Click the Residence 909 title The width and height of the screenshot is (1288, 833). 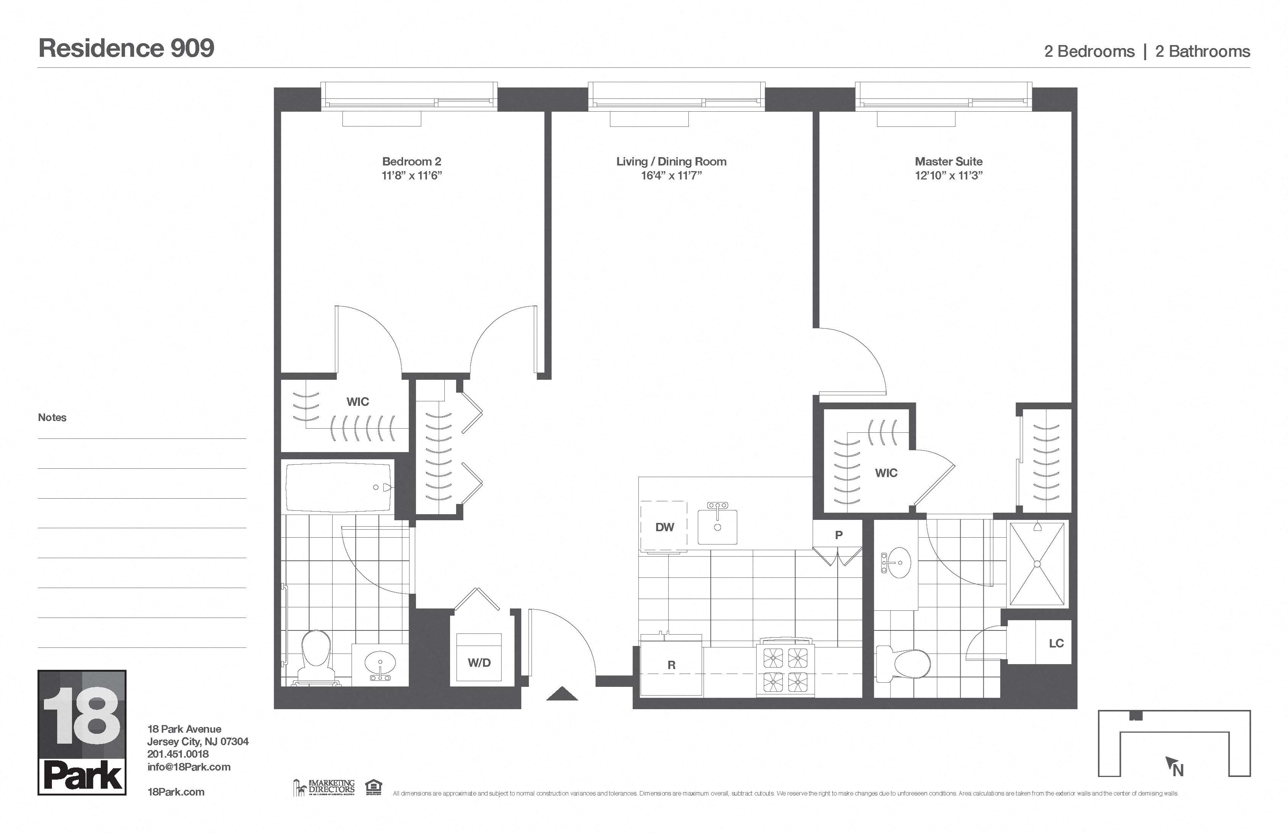tap(127, 49)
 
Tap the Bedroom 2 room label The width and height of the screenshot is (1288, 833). tap(411, 161)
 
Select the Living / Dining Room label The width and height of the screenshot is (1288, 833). tap(671, 161)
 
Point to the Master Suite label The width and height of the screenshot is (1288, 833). tap(949, 161)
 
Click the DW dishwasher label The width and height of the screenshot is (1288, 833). tap(664, 527)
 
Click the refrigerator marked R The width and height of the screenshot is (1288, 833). tap(671, 665)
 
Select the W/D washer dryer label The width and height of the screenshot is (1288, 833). tap(479, 663)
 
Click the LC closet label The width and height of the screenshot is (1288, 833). tap(1056, 643)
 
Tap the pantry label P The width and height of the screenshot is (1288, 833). tap(838, 535)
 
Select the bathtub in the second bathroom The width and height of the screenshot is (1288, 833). tap(338, 487)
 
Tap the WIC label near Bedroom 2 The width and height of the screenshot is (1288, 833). tap(357, 401)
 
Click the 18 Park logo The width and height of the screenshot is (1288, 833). tap(82, 732)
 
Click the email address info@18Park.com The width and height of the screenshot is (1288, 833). tap(189, 766)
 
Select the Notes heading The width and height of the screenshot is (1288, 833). tap(52, 418)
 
